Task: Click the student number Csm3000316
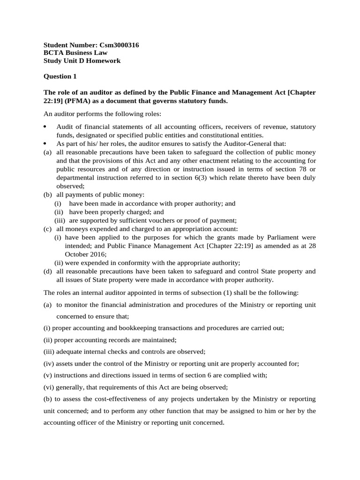coord(119,45)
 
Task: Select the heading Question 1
coord(60,76)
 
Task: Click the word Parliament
coord(282,237)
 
